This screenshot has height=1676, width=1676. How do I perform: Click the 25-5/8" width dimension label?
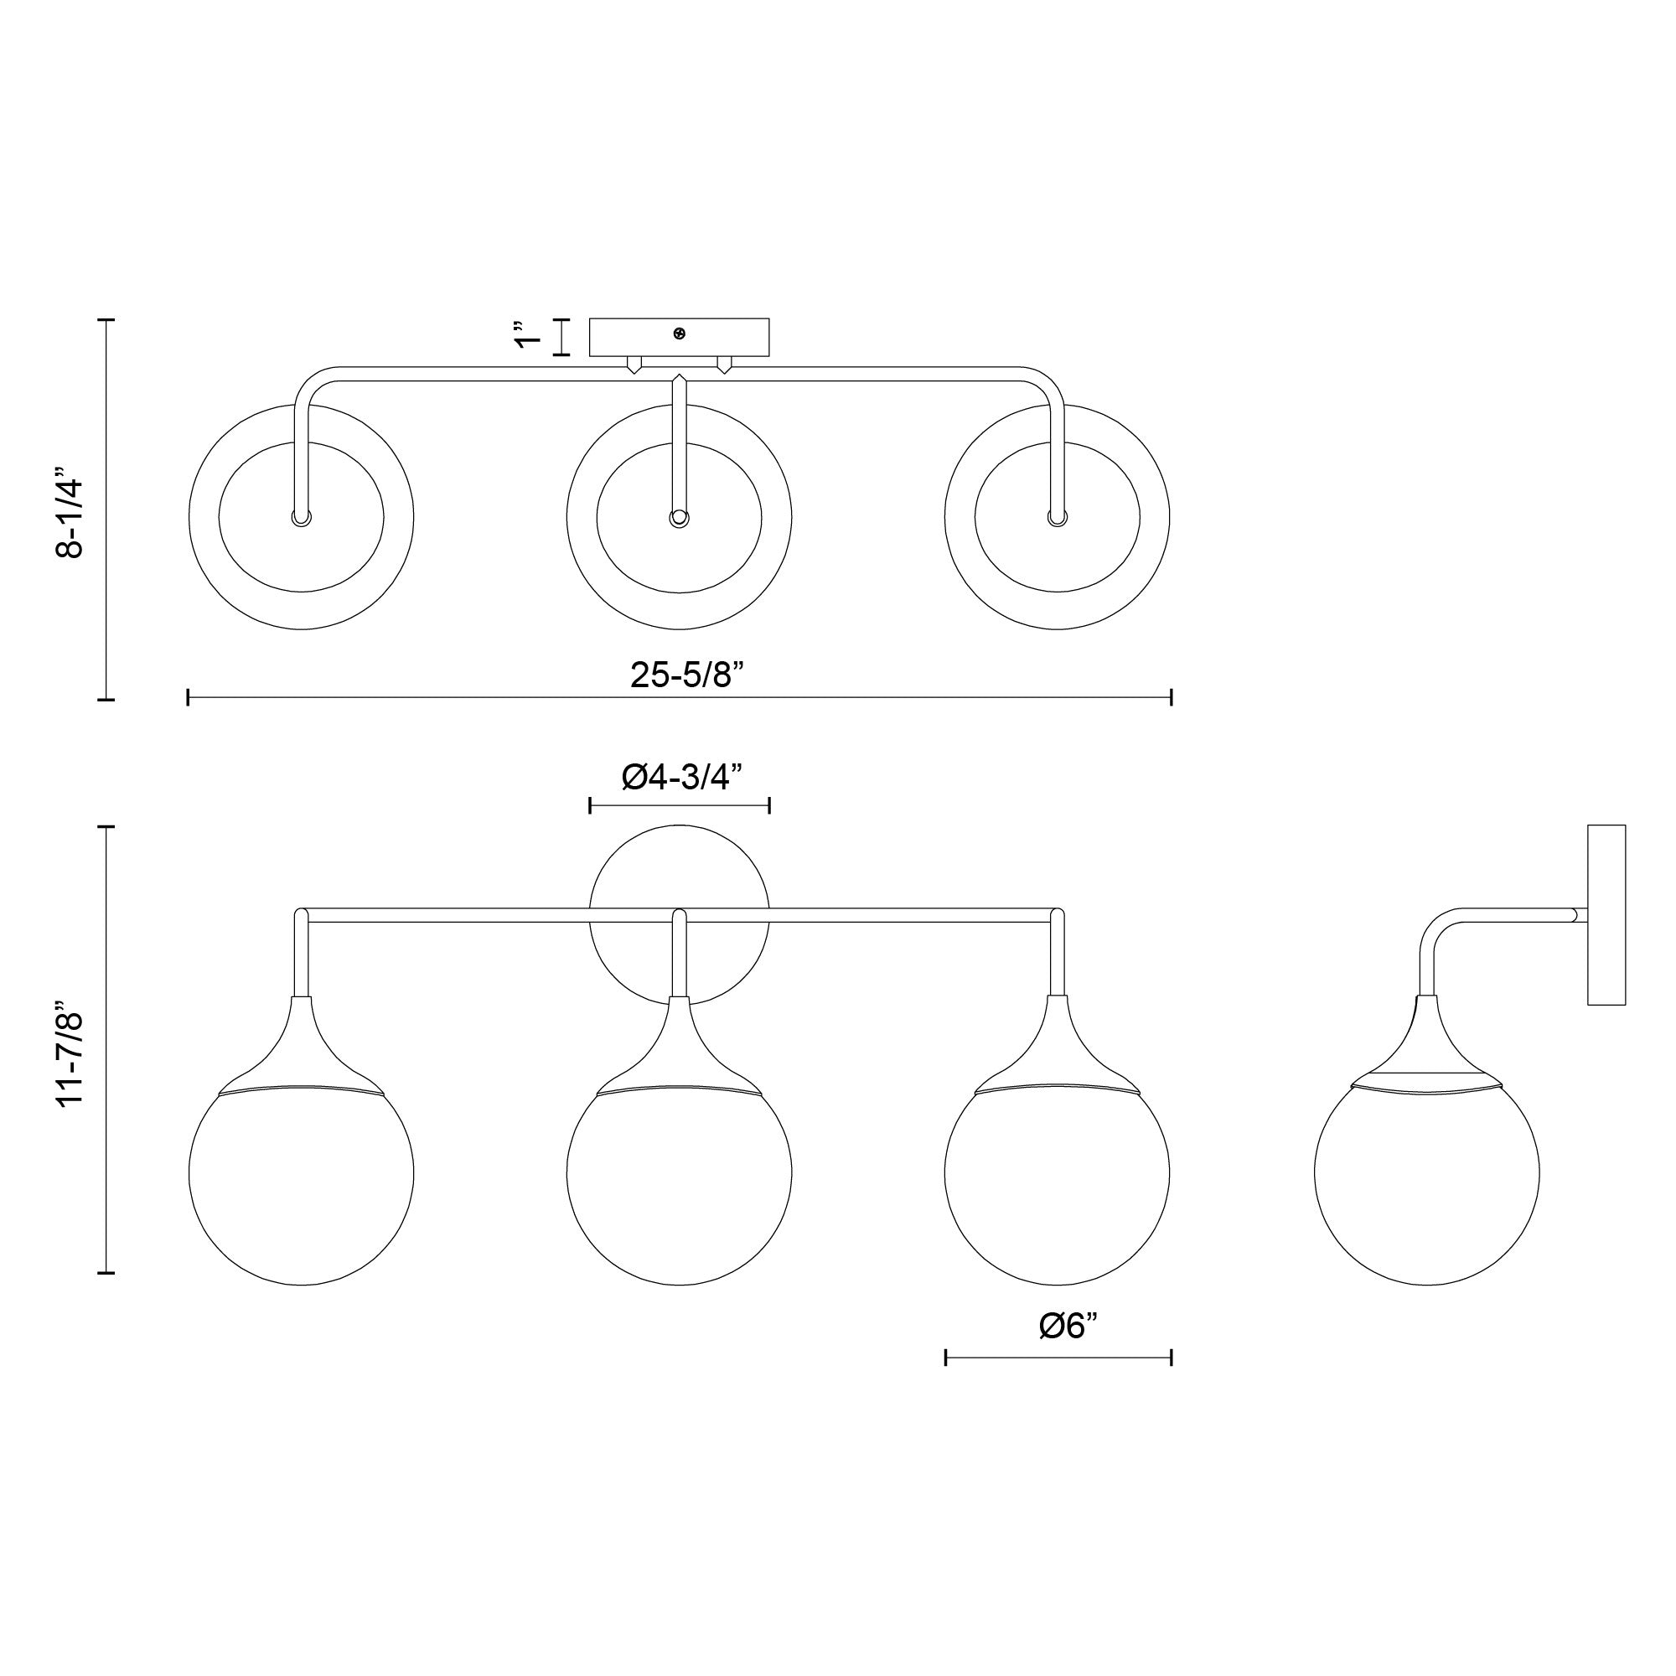point(687,674)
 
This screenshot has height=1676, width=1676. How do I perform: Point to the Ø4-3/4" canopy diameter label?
point(683,778)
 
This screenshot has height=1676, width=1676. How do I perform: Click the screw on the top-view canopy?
point(680,334)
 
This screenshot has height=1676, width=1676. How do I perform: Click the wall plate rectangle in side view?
point(1606,914)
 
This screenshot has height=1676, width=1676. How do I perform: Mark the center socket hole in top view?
point(680,519)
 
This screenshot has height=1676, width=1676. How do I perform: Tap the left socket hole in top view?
point(301,519)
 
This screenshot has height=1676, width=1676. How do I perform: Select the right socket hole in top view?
point(1057,519)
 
